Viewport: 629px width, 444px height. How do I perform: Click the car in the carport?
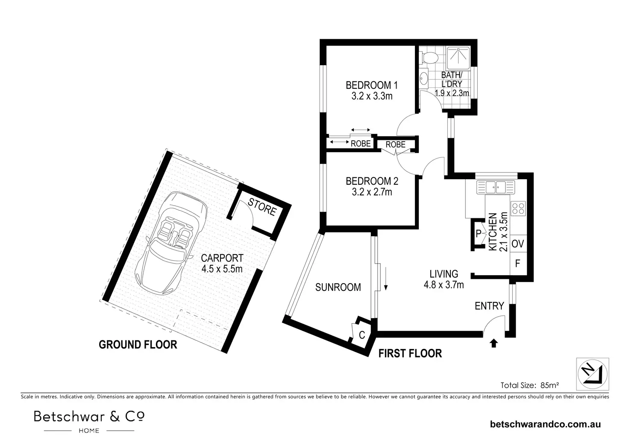pos(171,243)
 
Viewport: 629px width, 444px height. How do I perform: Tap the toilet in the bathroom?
pos(429,58)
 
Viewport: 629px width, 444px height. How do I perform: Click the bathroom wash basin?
pos(424,79)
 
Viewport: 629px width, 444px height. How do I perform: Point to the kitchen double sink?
pos(496,187)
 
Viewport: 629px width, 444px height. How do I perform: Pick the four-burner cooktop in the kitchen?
pos(518,209)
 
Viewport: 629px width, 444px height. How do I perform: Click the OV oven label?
pos(518,244)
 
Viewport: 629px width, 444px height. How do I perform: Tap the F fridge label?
pos(517,264)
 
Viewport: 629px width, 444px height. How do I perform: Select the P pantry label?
pos(479,233)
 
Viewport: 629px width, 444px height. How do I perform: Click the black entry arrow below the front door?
pos(494,343)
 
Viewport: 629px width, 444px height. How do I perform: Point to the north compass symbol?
pos(593,374)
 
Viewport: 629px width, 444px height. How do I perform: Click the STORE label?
pos(262,207)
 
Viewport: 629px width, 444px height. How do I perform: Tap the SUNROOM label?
pos(338,287)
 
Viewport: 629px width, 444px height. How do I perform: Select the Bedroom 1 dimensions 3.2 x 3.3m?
pos(372,96)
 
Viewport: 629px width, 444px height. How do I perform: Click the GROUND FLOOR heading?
pos(138,345)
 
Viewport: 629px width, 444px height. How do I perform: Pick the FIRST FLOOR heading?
pos(410,354)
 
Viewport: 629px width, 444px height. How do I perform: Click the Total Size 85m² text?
pos(529,385)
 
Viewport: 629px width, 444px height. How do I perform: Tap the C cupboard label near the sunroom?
pos(362,335)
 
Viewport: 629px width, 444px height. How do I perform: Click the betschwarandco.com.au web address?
pos(545,424)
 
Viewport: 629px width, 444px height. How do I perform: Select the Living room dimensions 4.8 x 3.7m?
pos(444,285)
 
